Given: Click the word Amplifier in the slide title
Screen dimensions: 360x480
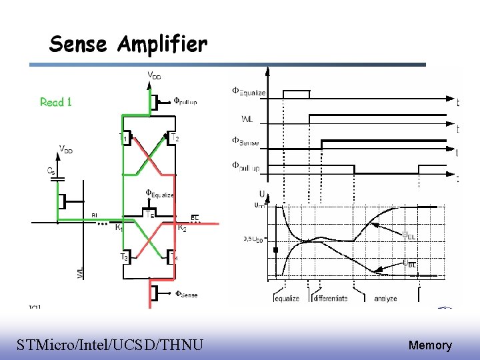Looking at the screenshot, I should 162,45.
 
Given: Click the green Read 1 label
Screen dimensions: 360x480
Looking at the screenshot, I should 56,102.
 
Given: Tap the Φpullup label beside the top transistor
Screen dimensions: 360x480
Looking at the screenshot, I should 185,101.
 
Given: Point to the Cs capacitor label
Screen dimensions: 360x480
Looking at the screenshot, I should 51,171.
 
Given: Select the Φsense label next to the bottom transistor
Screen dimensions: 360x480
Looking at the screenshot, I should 186,294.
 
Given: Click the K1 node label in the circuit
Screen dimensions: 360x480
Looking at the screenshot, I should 119,227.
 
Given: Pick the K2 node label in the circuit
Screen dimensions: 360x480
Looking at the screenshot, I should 181,227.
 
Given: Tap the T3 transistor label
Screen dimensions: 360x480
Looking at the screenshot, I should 124,257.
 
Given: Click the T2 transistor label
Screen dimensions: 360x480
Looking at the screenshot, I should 175,139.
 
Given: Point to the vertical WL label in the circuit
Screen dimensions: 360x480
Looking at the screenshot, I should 80,273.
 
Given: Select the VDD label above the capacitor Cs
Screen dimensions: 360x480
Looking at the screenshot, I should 66,150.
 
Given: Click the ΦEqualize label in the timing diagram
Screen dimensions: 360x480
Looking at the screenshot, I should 249,92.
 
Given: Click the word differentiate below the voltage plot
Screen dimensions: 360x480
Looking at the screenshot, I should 330,298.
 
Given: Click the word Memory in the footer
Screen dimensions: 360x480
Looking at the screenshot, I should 430,345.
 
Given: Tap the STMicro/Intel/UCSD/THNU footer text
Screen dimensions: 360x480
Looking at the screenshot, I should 110,345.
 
